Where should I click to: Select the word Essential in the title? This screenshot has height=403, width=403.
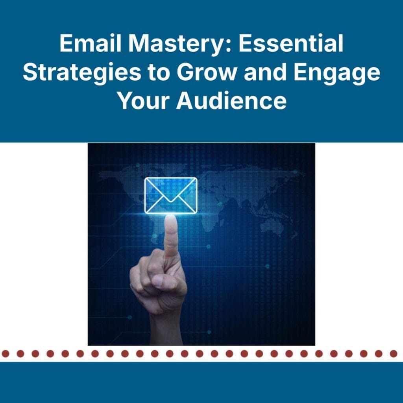291,44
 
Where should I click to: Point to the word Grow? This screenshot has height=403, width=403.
203,72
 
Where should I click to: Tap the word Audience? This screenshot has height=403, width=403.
231,101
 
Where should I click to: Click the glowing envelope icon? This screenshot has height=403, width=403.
170,195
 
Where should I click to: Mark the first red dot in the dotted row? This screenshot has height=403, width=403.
6,354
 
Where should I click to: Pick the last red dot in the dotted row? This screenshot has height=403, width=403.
393,354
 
